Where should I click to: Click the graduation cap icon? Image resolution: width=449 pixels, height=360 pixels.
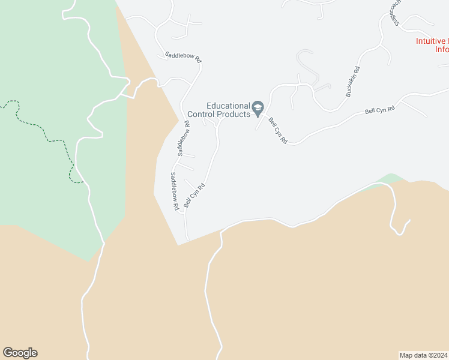click(x=258, y=109)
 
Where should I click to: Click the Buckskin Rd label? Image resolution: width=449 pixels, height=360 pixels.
click(x=352, y=82)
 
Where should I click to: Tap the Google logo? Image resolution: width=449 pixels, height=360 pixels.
click(x=20, y=353)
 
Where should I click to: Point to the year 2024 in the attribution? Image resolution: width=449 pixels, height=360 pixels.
click(x=439, y=355)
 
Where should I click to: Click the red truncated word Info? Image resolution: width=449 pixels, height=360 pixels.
click(x=442, y=50)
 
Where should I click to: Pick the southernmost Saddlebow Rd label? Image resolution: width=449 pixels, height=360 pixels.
click(x=175, y=191)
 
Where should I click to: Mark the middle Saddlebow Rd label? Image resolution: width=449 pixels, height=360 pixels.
click(x=183, y=139)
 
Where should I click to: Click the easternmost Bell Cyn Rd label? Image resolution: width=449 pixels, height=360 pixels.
click(x=381, y=110)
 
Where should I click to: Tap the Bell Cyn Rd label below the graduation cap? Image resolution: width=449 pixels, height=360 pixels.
click(x=278, y=130)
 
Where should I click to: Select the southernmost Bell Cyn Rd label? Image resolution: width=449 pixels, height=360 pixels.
click(x=195, y=196)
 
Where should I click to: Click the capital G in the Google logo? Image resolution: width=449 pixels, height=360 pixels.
click(x=8, y=353)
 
